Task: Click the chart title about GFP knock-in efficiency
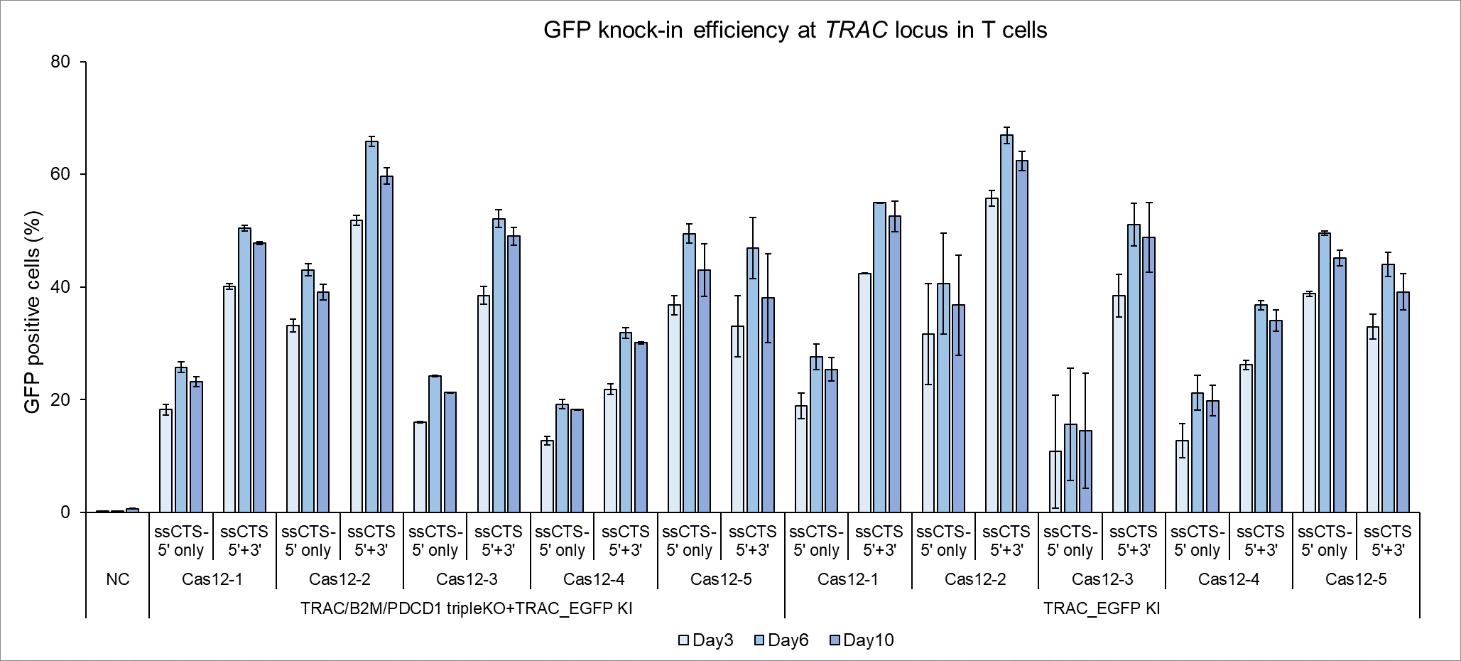(795, 31)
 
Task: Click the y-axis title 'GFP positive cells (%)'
(33, 312)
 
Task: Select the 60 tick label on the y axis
(61, 175)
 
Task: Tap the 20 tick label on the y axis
(61, 399)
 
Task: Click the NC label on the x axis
(118, 579)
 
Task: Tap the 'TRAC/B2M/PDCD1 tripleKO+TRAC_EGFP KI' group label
(466, 608)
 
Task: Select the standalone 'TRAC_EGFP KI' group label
(1102, 608)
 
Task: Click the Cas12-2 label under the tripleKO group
(340, 579)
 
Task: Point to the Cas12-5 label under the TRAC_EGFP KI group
(1356, 579)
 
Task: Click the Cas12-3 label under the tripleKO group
(467, 579)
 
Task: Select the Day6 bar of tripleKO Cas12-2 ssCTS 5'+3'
(371, 327)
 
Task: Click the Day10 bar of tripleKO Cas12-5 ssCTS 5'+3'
(768, 405)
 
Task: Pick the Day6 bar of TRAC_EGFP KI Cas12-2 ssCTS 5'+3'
(1006, 323)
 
